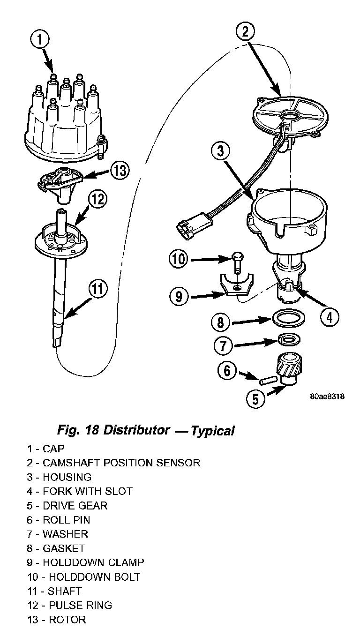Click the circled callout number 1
pyautogui.click(x=40, y=39)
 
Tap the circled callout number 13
pyautogui.click(x=120, y=171)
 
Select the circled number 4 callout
pyautogui.click(x=330, y=317)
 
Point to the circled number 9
pyautogui.click(x=179, y=297)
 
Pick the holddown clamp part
pyautogui.click(x=237, y=285)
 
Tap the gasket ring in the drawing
pyautogui.click(x=288, y=318)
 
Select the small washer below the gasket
pyautogui.click(x=288, y=340)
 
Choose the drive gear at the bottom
pyautogui.click(x=288, y=369)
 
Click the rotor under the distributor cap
pyautogui.click(x=60, y=185)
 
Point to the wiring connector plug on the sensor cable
pyautogui.click(x=192, y=223)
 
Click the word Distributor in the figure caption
pyautogui.click(x=137, y=430)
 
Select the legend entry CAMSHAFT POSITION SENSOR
pyautogui.click(x=113, y=463)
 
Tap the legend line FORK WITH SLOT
pyautogui.click(x=80, y=491)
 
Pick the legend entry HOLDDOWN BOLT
pyautogui.click(x=84, y=577)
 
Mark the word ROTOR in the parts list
pyautogui.click(x=67, y=620)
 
